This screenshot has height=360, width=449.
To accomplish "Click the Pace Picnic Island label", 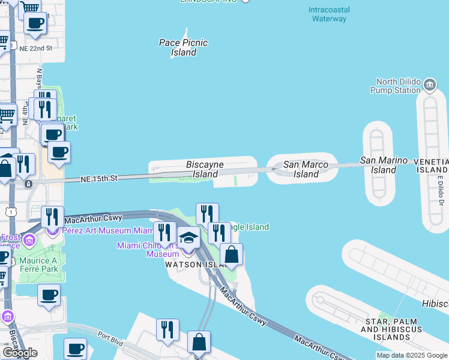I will (183, 47).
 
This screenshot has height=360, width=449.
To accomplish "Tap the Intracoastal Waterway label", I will (329, 14).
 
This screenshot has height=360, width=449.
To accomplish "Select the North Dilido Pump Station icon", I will (430, 84).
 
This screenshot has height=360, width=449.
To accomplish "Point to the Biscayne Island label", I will (205, 169).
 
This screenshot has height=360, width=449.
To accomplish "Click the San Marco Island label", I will (306, 169).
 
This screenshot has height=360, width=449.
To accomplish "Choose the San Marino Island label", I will (384, 165).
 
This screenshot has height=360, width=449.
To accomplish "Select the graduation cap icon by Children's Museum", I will (188, 238).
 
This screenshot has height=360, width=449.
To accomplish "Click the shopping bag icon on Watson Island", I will (232, 254).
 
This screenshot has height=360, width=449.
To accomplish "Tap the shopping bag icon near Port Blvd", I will (199, 343).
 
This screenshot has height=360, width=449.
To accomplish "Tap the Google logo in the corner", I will (19, 353).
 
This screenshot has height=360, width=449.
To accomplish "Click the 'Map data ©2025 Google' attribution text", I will (412, 355).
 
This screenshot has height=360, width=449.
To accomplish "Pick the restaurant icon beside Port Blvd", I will (167, 329).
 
